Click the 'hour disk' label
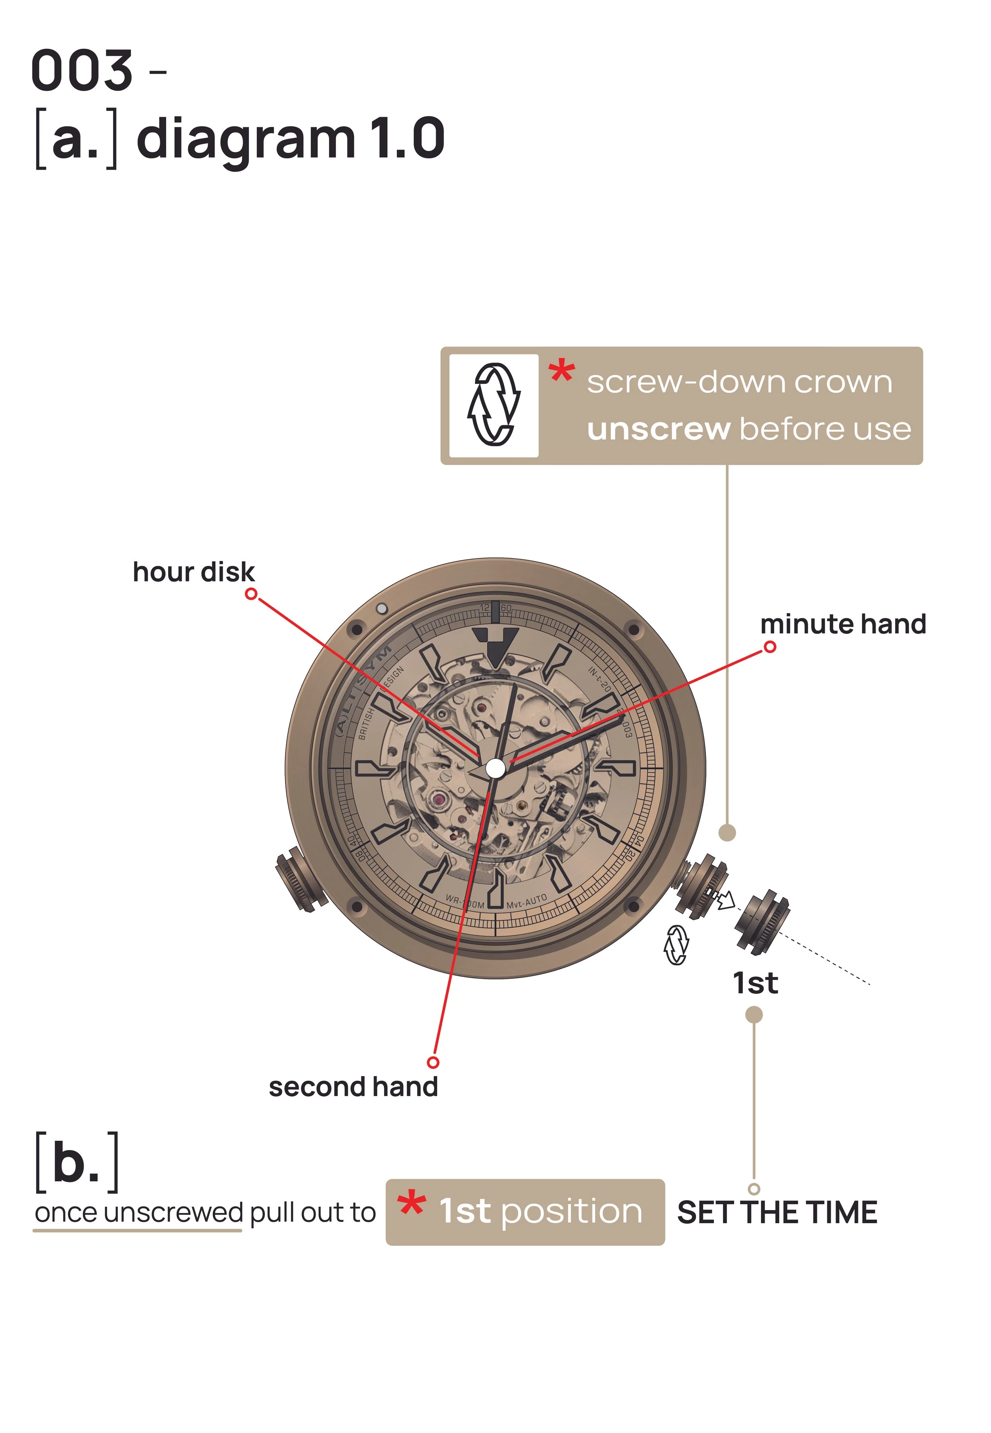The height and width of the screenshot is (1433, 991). [194, 572]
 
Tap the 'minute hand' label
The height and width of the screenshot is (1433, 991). [843, 624]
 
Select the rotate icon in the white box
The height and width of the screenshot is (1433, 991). [494, 405]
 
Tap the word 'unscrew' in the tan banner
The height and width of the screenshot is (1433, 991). [658, 429]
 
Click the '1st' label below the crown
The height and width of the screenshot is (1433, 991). [755, 983]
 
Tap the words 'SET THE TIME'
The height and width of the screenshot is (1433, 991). [777, 1212]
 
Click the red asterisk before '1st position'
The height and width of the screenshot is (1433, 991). [412, 1205]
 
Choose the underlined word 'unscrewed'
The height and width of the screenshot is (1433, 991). [173, 1212]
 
